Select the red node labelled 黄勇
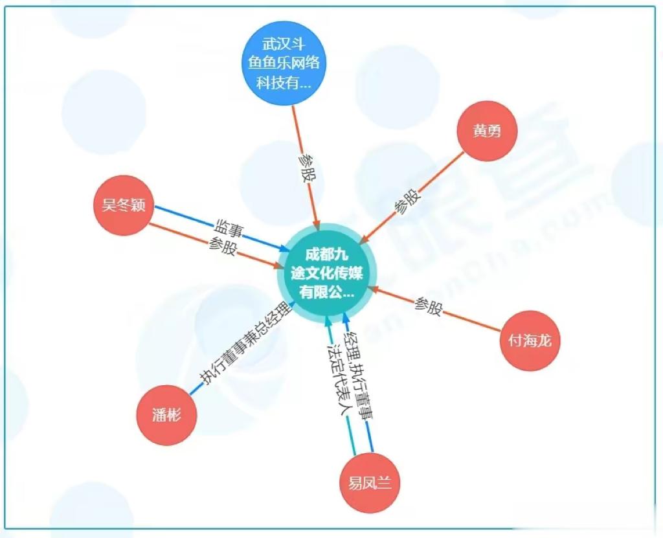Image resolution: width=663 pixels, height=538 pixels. pyautogui.click(x=486, y=131)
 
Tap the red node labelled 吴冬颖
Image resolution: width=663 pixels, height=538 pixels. pyautogui.click(x=123, y=206)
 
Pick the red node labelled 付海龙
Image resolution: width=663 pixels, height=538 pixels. pyautogui.click(x=530, y=341)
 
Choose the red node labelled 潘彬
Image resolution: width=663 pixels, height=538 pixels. pyautogui.click(x=166, y=415)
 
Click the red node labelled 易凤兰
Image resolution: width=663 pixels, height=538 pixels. pyautogui.click(x=370, y=483)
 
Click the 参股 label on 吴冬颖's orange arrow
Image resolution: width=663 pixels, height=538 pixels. pyautogui.click(x=222, y=247)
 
